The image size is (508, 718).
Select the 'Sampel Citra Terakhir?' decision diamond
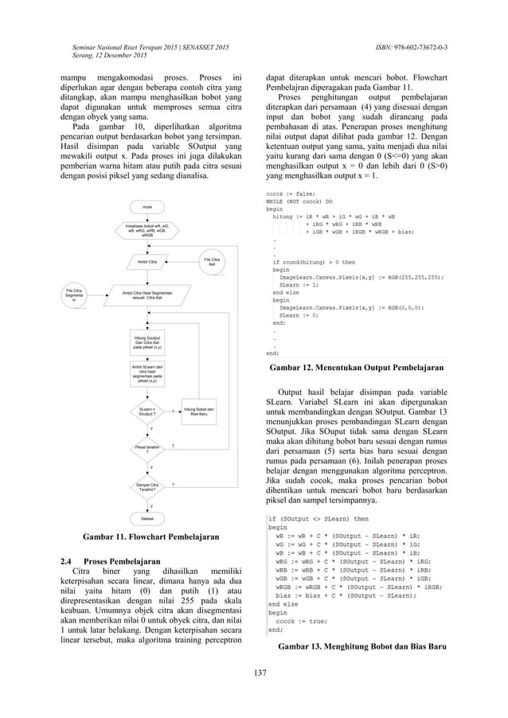[147, 485]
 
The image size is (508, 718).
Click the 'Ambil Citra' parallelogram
[147, 261]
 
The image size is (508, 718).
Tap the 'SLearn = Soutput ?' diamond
[147, 411]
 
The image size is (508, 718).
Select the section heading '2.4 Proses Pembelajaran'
[118, 561]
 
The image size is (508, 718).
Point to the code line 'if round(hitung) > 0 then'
[314, 262]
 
